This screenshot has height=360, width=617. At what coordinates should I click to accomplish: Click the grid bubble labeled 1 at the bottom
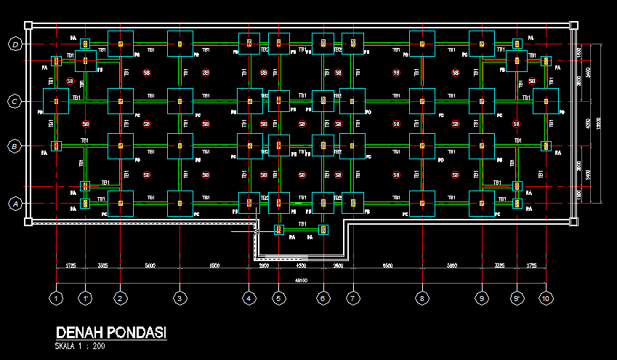(57, 297)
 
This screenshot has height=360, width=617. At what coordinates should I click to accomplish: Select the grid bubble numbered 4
(249, 297)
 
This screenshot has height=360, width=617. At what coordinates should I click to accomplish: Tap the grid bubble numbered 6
(323, 297)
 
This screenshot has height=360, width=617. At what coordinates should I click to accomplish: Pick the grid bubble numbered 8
(422, 297)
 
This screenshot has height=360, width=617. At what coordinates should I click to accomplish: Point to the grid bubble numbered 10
(546, 297)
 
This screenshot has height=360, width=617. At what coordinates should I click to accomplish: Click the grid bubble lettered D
(15, 44)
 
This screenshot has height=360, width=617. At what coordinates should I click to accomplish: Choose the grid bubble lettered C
(15, 101)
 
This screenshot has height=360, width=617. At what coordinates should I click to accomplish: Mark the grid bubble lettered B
(15, 146)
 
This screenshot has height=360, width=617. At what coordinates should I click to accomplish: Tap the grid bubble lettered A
(15, 204)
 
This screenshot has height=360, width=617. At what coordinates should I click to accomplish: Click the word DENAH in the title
(79, 332)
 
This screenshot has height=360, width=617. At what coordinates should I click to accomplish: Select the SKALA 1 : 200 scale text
(79, 346)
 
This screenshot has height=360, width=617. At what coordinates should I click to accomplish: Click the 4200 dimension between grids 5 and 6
(300, 266)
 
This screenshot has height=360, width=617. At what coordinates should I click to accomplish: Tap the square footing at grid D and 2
(121, 44)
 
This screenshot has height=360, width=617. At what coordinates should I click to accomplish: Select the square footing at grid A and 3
(180, 204)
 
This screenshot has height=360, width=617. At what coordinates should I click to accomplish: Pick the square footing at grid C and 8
(422, 101)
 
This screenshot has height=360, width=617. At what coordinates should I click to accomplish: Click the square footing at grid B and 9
(482, 146)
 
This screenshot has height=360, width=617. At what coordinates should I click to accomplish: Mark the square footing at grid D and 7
(352, 44)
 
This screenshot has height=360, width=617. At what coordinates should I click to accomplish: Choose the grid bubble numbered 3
(180, 297)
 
